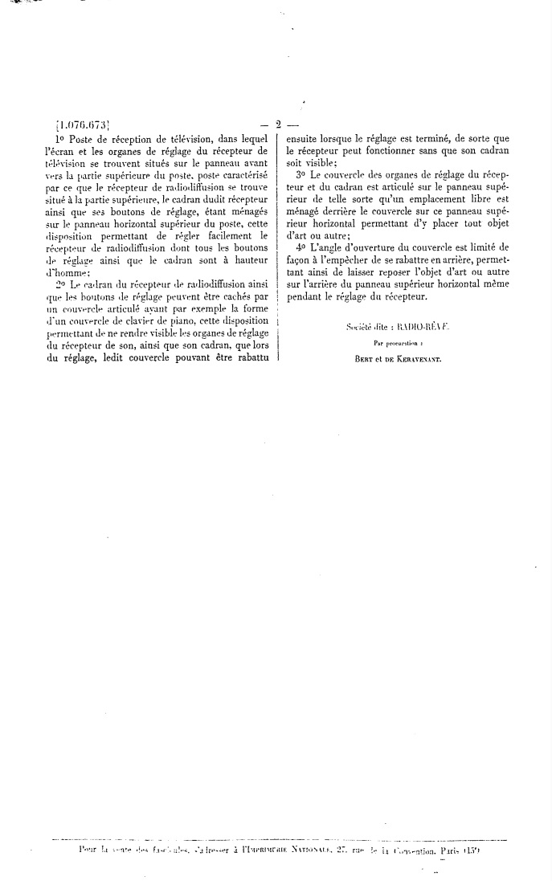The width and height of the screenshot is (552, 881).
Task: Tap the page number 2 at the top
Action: click(277, 124)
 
